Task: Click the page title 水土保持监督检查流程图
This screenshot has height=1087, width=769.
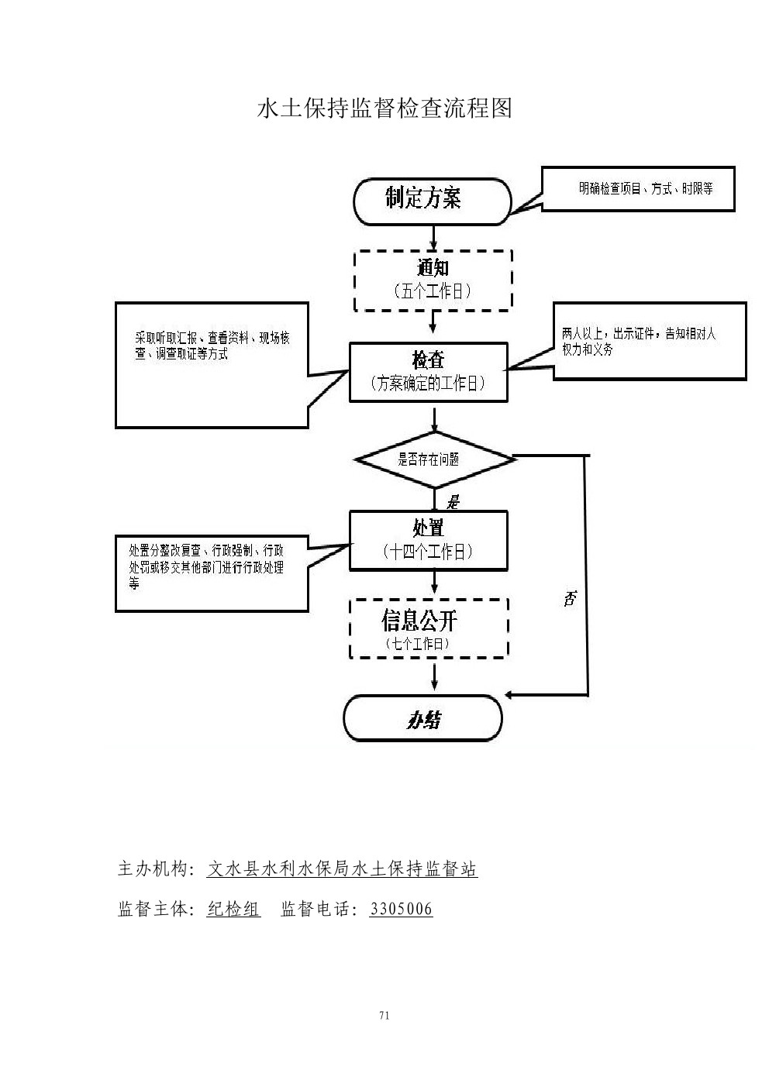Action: tap(384, 108)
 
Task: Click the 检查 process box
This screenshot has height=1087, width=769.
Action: tap(429, 372)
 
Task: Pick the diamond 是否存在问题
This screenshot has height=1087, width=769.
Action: tap(434, 459)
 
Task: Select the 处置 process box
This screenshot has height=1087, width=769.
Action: tap(429, 540)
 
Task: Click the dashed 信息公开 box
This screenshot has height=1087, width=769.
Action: tap(429, 628)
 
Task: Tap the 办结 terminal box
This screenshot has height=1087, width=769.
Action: tap(423, 719)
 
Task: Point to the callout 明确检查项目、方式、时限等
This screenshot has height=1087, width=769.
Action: tap(637, 189)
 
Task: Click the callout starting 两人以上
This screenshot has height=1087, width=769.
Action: tap(649, 341)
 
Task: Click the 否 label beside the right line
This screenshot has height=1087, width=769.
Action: tap(570, 597)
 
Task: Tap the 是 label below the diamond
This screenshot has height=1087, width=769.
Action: tap(453, 502)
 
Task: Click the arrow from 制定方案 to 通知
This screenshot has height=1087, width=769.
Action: tap(433, 236)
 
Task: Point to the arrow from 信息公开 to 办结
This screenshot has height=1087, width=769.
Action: tap(434, 676)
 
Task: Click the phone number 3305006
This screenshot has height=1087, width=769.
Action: tap(401, 910)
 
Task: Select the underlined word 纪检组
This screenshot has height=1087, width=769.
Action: tap(233, 910)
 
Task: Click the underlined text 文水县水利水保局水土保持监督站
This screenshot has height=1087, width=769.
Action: tap(342, 869)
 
